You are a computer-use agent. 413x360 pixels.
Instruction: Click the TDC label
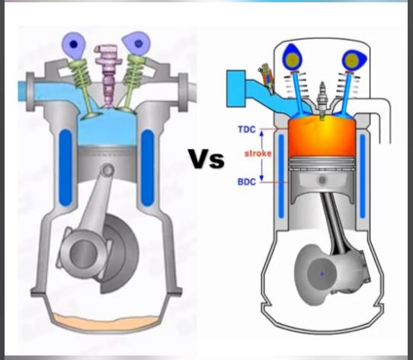247,129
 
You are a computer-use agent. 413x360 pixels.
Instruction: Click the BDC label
247,182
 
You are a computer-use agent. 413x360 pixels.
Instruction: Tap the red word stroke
258,154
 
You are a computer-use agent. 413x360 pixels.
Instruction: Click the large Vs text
206,158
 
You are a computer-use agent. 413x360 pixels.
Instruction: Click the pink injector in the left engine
108,75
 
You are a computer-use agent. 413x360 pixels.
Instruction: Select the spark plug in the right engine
322,100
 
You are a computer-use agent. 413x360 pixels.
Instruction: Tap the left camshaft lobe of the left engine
73,45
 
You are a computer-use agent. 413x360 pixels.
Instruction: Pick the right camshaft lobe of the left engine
136,43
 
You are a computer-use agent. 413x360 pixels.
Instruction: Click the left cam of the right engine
293,58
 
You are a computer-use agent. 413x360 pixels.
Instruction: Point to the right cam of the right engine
354,61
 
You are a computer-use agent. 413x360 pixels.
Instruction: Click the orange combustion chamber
322,136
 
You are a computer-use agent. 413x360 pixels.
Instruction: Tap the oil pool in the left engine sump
105,322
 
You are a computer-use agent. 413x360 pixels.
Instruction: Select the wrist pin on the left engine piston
107,170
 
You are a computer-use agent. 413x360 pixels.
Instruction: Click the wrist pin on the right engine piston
322,180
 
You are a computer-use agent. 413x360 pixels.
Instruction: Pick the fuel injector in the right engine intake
266,78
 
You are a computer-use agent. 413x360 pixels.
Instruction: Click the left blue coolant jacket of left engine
66,167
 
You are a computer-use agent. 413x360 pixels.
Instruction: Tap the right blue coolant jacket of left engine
148,167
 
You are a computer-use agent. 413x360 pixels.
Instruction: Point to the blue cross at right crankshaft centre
322,275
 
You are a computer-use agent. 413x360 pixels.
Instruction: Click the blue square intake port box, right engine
236,88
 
